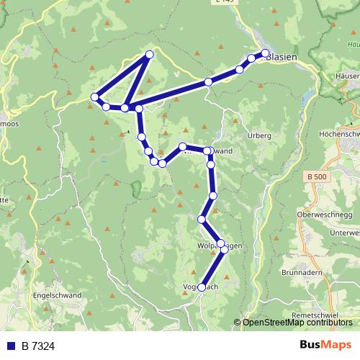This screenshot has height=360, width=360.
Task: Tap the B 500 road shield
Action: (x=316, y=176)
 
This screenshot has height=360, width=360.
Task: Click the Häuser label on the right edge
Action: (x=347, y=75)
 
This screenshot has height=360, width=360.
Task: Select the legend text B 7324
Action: (x=38, y=346)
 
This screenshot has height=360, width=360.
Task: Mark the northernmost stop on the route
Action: (x=150, y=54)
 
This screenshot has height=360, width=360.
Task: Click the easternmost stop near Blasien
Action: (x=265, y=53)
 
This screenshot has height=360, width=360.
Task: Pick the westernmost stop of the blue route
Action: (x=94, y=96)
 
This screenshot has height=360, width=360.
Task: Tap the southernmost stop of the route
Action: (x=202, y=287)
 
